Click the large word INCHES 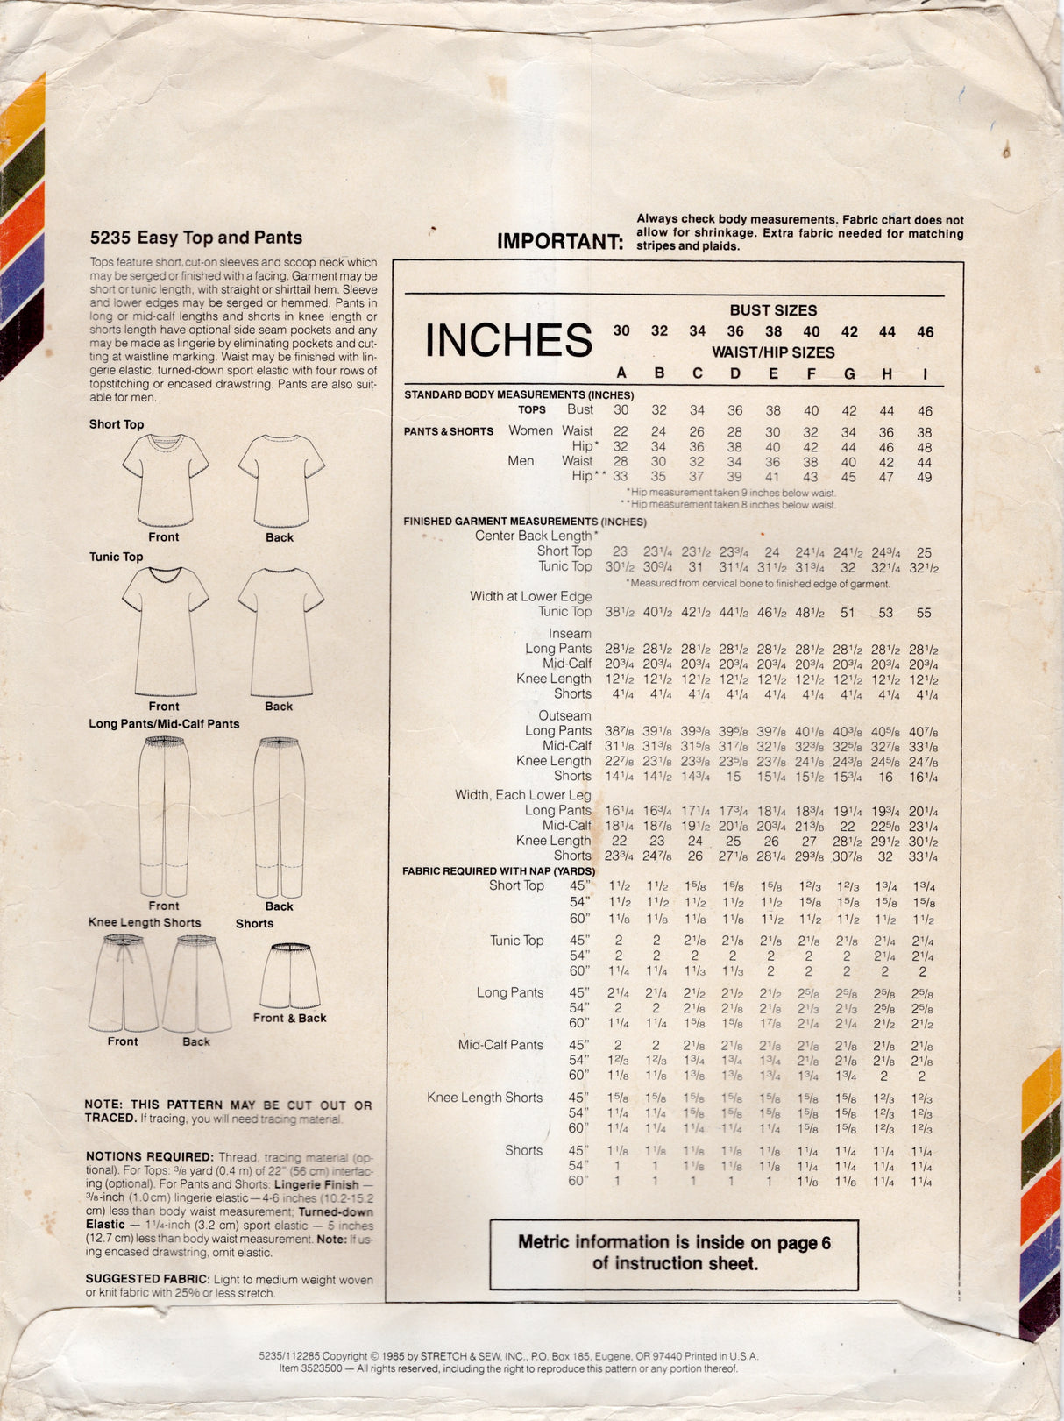point(508,340)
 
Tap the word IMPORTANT point(559,241)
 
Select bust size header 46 point(926,332)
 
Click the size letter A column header point(621,373)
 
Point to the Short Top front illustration point(165,480)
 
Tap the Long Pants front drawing point(164,815)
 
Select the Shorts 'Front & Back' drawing point(289,977)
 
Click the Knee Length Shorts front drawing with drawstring point(124,982)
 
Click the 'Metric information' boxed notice point(673,1253)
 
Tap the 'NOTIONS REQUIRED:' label point(149,1157)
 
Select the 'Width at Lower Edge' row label point(530,596)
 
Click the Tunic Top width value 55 point(924,613)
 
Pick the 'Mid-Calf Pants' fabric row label point(500,1045)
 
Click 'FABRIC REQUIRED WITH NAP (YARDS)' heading point(498,870)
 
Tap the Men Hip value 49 point(925,477)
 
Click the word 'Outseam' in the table point(564,715)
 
